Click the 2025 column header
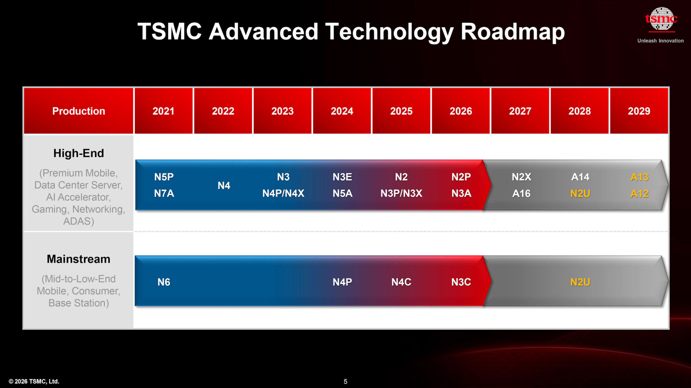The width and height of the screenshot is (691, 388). [x=401, y=111]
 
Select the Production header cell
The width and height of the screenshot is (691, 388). [x=79, y=111]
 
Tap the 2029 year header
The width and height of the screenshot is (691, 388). [x=639, y=111]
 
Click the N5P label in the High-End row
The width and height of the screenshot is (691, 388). [x=164, y=177]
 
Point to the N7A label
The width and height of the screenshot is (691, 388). [x=164, y=193]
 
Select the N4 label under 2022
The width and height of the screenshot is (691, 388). [x=224, y=185]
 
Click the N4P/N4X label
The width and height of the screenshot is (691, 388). [x=283, y=193]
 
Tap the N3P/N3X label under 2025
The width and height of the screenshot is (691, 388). [x=401, y=193]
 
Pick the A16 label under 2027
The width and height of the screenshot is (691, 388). [x=521, y=193]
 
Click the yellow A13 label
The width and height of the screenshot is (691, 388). [x=639, y=177]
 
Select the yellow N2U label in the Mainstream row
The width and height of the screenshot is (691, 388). [x=580, y=282]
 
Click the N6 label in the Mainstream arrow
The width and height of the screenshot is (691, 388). [x=164, y=282]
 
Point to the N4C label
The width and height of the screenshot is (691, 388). [x=401, y=282]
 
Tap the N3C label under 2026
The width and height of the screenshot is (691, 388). [x=461, y=282]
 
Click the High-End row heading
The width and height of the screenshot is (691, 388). [x=79, y=153]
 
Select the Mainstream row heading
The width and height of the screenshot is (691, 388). [x=79, y=259]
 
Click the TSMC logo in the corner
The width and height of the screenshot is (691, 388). [x=661, y=20]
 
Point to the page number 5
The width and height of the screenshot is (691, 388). [x=345, y=381]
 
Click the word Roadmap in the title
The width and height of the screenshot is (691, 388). [x=512, y=32]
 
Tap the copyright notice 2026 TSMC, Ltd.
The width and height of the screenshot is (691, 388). [x=34, y=381]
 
